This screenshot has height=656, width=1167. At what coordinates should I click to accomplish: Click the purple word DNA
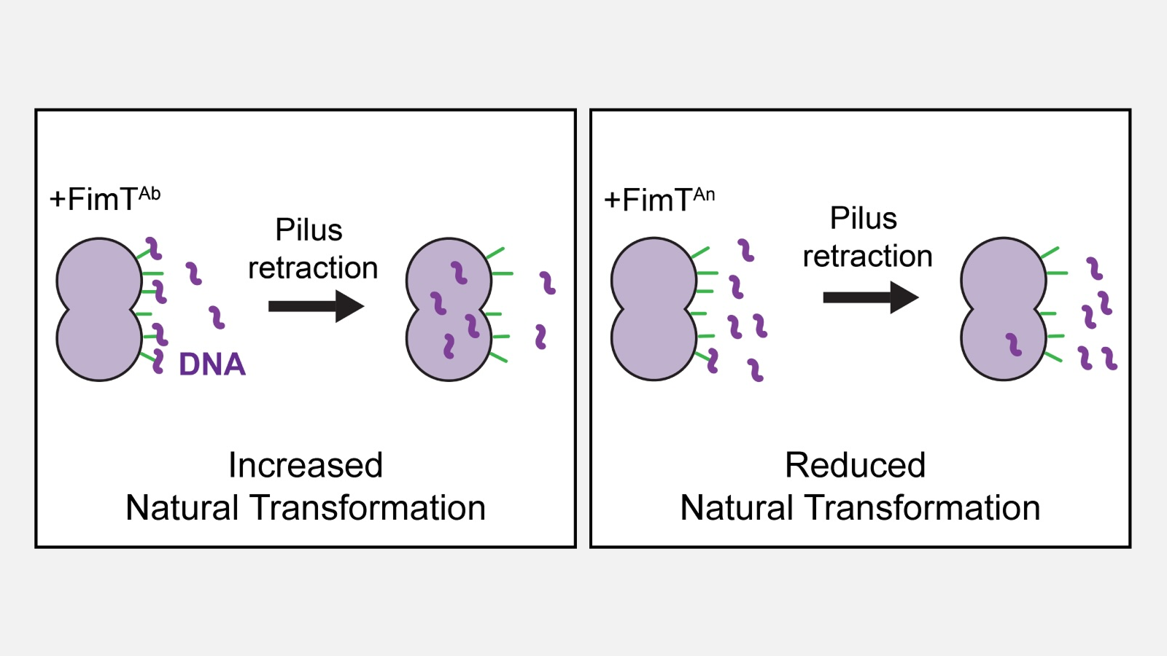pos(212,364)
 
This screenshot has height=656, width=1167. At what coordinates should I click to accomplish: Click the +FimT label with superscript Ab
pos(105,199)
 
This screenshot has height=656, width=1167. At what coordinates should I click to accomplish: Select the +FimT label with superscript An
pos(659,199)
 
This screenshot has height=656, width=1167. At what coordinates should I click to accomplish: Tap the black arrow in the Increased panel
pos(315,306)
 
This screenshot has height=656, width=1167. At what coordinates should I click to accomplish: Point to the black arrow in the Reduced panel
pos(869,297)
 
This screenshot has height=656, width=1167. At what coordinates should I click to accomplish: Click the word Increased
pos(306,465)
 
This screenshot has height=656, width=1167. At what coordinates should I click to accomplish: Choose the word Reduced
pos(855,465)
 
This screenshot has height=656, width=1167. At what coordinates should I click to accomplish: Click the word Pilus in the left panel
pos(309,230)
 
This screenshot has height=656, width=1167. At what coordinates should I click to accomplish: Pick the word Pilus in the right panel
pos(864,219)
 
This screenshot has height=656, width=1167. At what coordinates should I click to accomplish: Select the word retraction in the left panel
pos(313,268)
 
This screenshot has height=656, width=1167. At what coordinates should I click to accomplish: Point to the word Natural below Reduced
pos(736,508)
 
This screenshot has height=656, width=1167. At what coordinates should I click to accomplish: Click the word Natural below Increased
pos(182,508)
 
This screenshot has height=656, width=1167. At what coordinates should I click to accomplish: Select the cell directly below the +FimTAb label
pos(99,309)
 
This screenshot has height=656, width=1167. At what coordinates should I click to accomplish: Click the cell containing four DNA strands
pos(448,309)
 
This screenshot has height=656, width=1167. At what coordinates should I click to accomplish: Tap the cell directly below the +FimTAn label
pos(654,309)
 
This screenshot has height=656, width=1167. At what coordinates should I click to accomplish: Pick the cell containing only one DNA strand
pos(1003,309)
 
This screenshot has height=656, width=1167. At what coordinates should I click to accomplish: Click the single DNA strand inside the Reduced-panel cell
pos(1013,344)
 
